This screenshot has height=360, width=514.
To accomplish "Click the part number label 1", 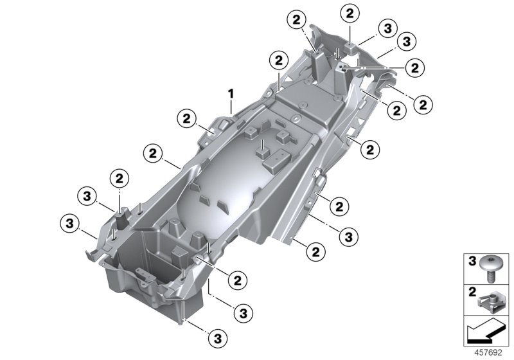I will [x=229, y=95].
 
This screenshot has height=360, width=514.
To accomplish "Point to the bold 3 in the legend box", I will [x=470, y=262].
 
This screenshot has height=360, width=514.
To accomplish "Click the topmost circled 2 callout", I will [x=350, y=13].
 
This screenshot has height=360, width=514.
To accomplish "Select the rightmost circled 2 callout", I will [x=423, y=102].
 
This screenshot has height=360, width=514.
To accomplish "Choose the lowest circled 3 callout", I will [x=217, y=336].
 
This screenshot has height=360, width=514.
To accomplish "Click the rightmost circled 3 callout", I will [x=405, y=42].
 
